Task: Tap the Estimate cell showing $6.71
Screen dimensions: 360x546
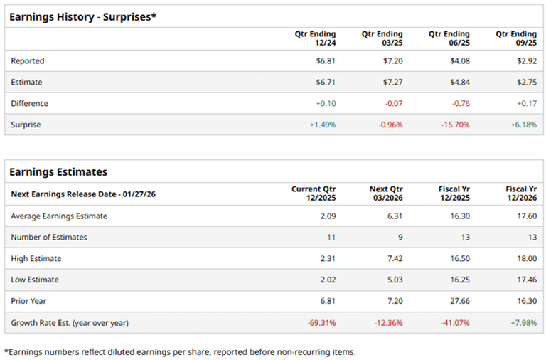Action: coord(326,83)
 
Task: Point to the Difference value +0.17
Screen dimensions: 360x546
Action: coord(526,103)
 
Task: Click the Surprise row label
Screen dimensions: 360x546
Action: coord(26,125)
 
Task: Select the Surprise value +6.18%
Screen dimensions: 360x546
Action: coord(523,125)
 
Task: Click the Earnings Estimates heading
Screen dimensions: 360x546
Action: coord(58,171)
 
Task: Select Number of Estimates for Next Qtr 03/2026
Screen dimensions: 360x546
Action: coord(398,237)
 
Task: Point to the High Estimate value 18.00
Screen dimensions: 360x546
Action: coord(528,258)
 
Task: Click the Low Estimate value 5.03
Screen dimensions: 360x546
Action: coord(395,280)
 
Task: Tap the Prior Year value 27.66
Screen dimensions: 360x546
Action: coord(460,301)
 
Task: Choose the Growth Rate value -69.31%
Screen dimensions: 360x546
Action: coord(321,322)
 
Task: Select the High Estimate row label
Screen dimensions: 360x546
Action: coord(36,258)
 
